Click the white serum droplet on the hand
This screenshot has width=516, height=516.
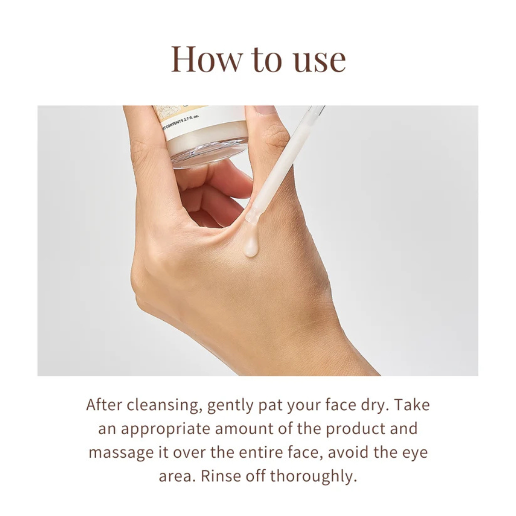(x=251, y=248)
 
